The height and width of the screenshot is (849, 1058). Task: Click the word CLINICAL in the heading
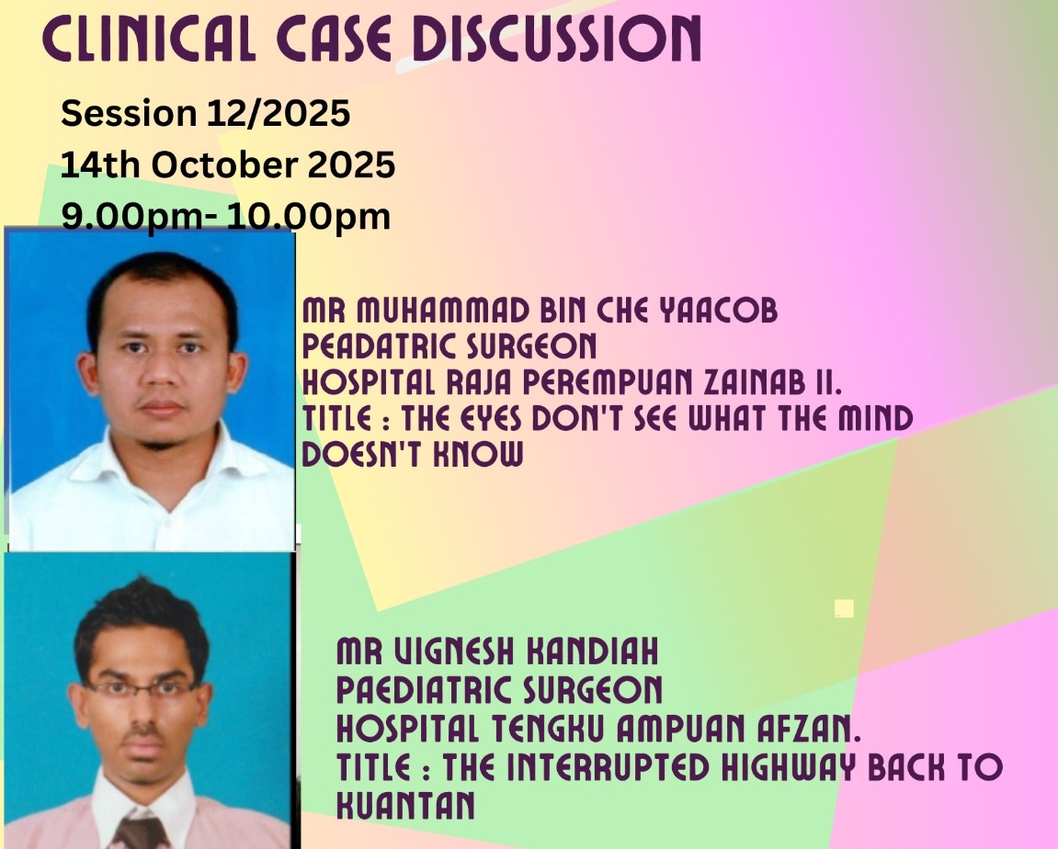coord(149,40)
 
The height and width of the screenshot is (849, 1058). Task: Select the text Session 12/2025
coord(206,113)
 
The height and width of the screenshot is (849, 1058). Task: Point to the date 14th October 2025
coord(228,165)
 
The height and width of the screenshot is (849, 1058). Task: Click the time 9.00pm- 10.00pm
coord(226,217)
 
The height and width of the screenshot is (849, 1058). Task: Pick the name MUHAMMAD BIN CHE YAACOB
coord(567,311)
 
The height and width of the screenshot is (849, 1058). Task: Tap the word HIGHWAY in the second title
coord(788,766)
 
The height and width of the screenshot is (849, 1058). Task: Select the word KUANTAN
coord(405,805)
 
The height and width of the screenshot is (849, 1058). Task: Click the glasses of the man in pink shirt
coord(142,688)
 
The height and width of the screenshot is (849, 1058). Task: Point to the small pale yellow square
coord(844,609)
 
